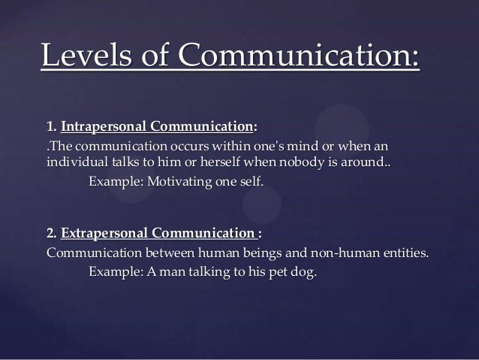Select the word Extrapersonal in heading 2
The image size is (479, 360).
[x=106, y=233]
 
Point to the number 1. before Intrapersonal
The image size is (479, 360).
[x=51, y=126]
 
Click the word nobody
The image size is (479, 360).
[x=305, y=162]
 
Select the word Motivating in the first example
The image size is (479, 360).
[x=178, y=180]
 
